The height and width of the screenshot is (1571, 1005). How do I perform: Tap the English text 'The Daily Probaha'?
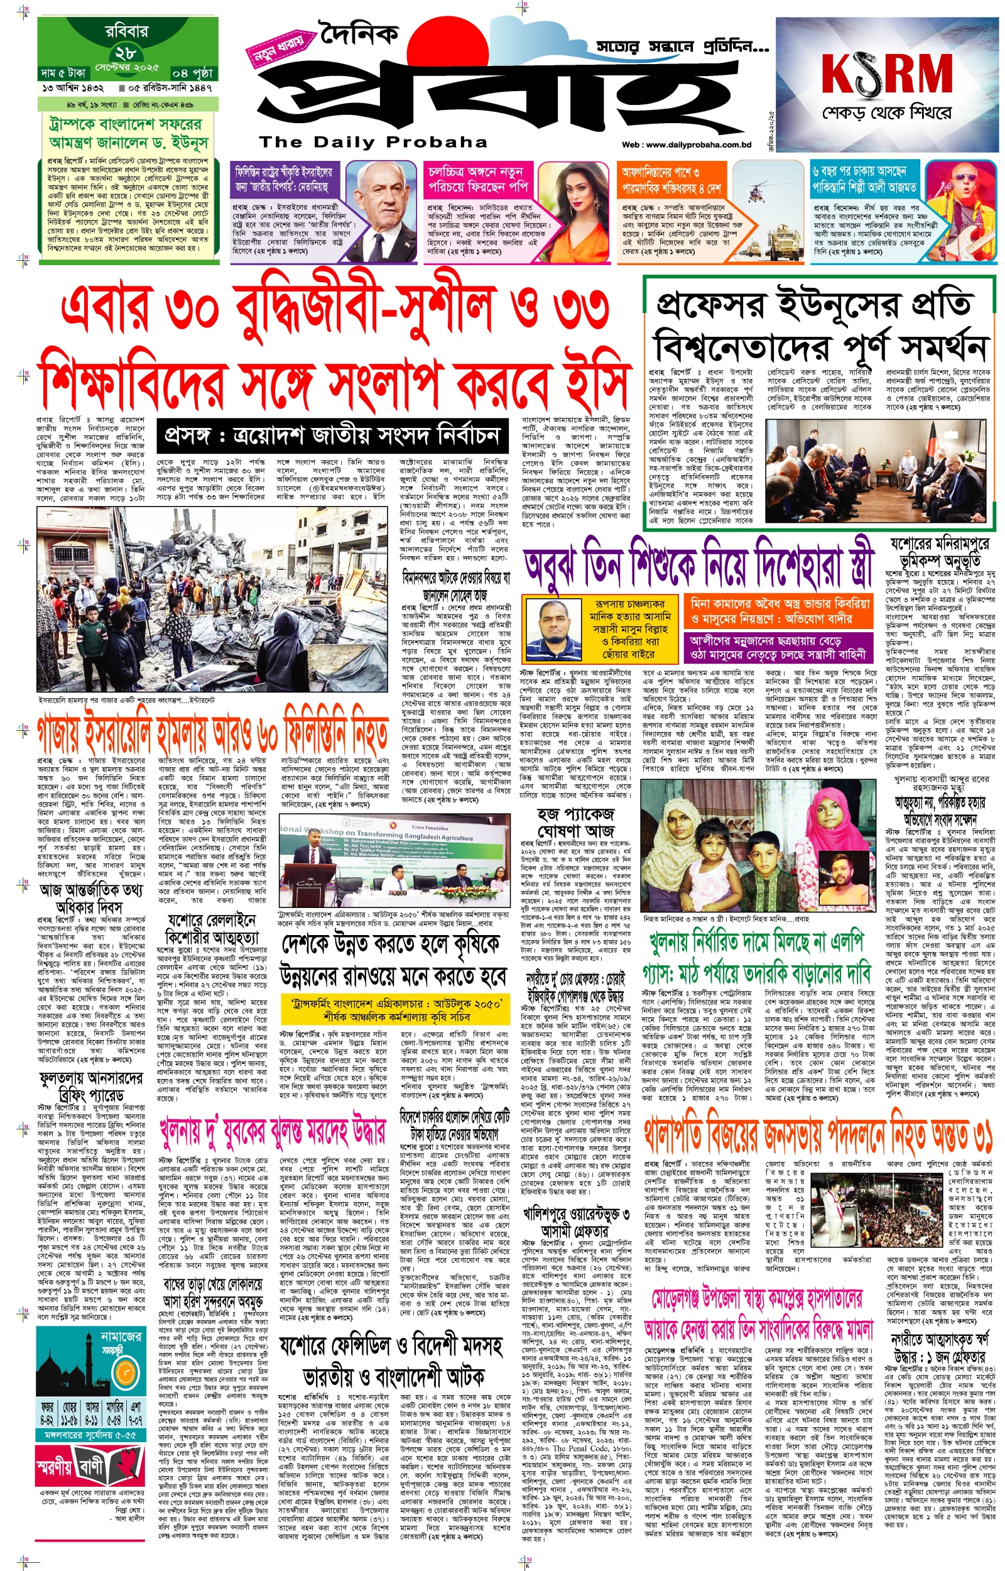pos(372,141)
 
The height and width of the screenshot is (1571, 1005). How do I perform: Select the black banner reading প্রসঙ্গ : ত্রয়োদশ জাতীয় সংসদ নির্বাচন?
pos(332,434)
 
